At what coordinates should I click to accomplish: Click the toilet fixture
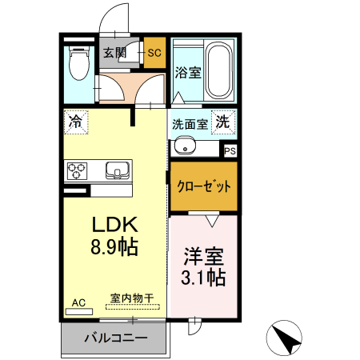(78, 63)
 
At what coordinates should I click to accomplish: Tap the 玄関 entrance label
(114, 54)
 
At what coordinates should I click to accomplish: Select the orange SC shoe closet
(154, 54)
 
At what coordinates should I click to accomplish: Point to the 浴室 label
(187, 71)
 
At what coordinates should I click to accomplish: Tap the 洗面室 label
(190, 124)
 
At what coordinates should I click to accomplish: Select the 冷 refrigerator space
(75, 122)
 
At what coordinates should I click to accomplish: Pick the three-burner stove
(78, 170)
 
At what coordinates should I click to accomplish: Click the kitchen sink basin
(117, 170)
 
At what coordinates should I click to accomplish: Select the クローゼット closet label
(203, 186)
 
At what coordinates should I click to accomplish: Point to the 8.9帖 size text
(114, 247)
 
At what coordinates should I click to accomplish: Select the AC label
(78, 302)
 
